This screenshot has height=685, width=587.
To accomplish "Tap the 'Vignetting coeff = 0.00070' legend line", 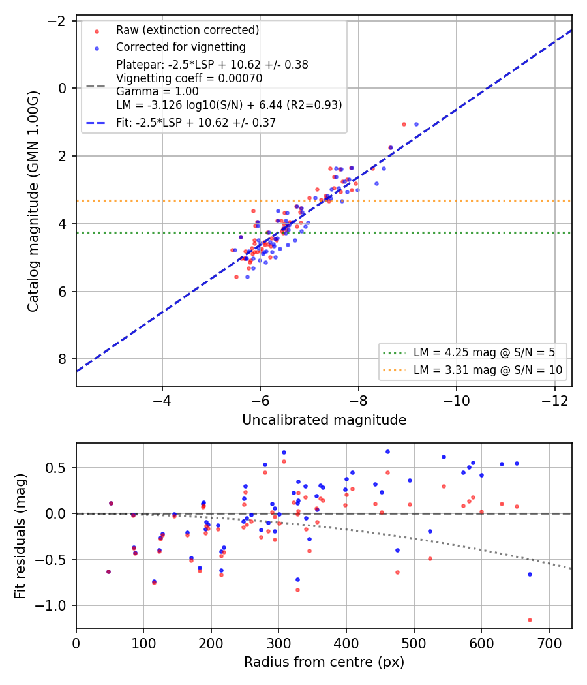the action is [189, 78].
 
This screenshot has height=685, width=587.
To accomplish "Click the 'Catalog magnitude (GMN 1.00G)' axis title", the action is [33, 202].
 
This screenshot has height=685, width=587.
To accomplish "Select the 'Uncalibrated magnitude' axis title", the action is [324, 420].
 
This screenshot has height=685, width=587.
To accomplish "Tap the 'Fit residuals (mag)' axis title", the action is [20, 536].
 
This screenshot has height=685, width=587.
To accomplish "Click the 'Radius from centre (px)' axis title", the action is [324, 662].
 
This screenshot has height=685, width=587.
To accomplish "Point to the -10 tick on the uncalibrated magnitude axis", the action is [457, 400].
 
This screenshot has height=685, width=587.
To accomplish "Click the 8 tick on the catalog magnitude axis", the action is [62, 359].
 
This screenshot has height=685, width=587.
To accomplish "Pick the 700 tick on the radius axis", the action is [549, 643].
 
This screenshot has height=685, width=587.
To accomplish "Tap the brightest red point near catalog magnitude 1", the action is [404, 125].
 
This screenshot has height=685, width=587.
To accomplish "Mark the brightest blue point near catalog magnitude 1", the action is [416, 125].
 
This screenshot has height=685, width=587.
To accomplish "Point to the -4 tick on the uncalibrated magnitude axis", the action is [162, 400].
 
